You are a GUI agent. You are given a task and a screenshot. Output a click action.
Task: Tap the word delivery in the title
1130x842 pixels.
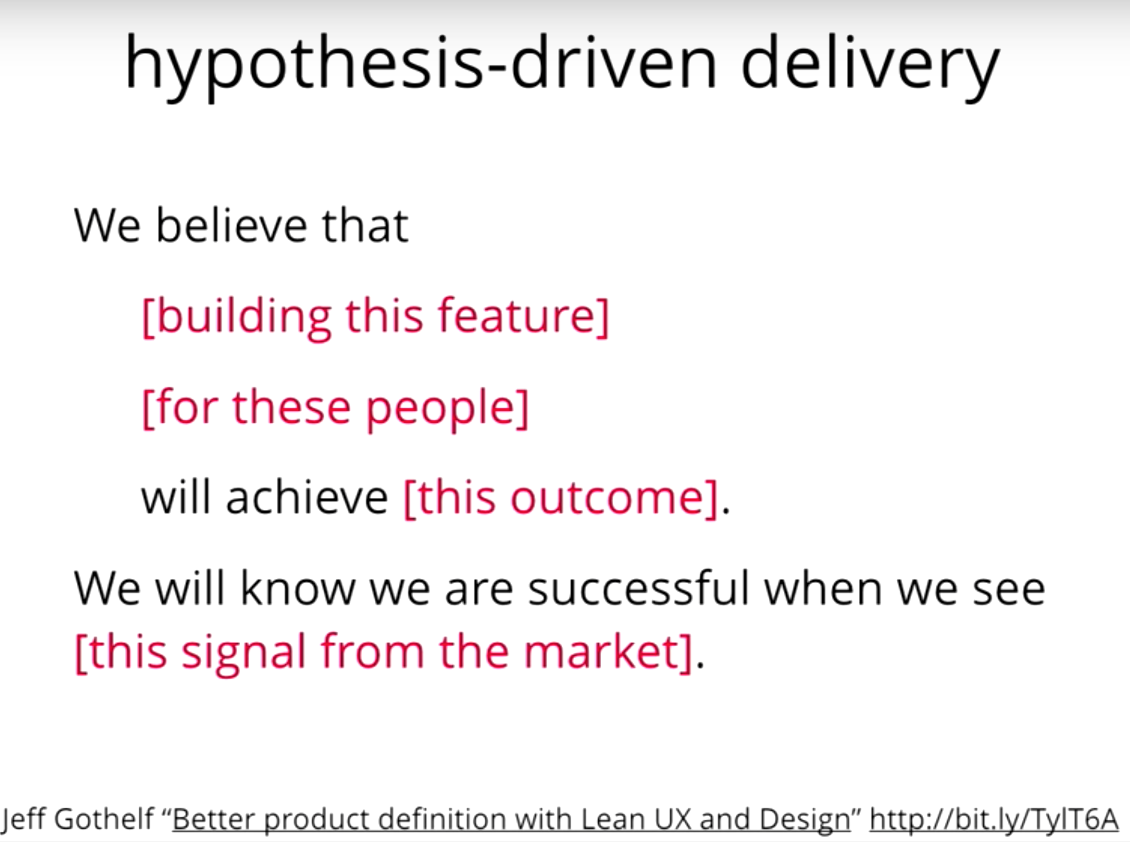click(870, 65)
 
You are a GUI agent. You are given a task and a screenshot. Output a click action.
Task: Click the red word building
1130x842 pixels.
click(237, 317)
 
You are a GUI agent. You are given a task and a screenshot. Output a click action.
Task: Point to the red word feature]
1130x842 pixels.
click(523, 317)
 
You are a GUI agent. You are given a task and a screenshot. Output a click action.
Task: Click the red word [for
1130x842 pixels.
click(180, 407)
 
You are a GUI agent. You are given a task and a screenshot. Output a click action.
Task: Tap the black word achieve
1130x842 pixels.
click(307, 497)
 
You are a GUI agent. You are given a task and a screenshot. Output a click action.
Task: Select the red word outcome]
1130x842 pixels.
click(614, 498)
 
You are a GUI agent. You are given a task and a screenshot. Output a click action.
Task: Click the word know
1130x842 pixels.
click(297, 588)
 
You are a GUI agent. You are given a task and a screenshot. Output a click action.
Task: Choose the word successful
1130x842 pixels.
click(638, 588)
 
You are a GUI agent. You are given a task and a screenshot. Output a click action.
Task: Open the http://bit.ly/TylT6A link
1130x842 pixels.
click(994, 819)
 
